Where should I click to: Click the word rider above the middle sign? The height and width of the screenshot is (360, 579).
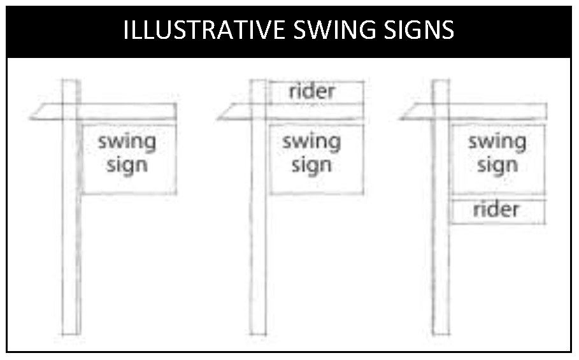[x=311, y=91]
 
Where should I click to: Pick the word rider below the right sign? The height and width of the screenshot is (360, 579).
[x=496, y=210]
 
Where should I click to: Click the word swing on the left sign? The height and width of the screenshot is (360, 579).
[x=127, y=142]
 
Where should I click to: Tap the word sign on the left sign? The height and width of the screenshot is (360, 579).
[x=127, y=166]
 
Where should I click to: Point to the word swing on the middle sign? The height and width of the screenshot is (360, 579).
[x=311, y=142]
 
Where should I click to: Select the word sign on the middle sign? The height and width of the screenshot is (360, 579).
[x=311, y=166]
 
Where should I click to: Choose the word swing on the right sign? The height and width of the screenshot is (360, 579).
[x=497, y=142]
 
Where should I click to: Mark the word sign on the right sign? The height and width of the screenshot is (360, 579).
[x=497, y=166]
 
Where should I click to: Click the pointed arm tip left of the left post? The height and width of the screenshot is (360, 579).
[x=31, y=119]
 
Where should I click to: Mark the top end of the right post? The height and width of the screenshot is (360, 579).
[x=441, y=81]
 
